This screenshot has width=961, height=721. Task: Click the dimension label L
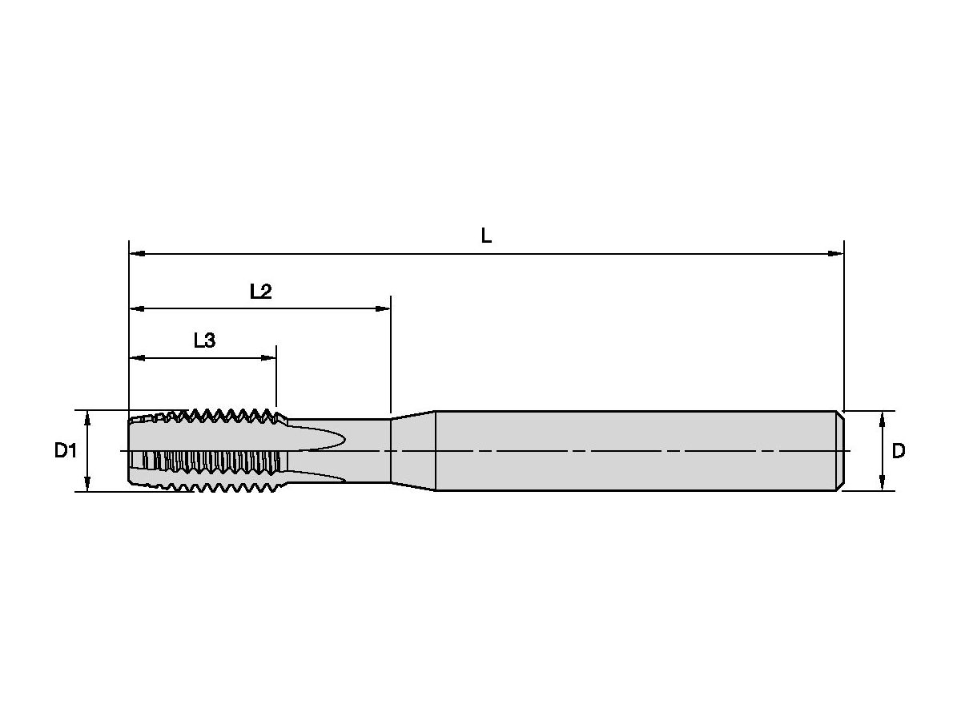486,236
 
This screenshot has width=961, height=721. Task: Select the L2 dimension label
260,292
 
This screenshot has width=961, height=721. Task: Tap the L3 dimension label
204,340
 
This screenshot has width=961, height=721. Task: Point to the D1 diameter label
65,450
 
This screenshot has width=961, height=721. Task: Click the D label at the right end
899,451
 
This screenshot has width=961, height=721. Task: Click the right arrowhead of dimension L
836,253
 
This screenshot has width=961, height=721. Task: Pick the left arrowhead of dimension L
138,253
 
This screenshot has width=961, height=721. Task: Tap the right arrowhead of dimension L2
383,308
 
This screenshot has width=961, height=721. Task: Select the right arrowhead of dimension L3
268,358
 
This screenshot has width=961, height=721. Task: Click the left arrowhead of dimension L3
138,358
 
